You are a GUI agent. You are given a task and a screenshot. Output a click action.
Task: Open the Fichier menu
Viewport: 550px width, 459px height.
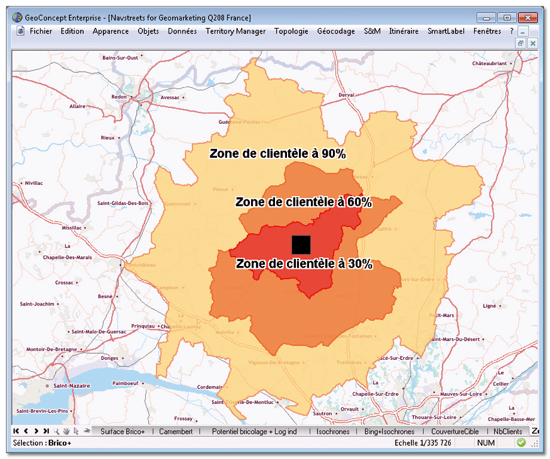(x=41, y=31)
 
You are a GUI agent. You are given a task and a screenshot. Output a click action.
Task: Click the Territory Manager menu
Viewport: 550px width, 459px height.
(x=236, y=31)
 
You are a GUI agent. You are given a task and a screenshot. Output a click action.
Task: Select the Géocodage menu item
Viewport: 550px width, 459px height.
(x=336, y=31)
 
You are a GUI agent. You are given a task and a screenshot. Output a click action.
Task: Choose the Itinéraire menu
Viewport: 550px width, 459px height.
(x=404, y=31)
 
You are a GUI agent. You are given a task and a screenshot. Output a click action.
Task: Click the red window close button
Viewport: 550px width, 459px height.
(x=527, y=17)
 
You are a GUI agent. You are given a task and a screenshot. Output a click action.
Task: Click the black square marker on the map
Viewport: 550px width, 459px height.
(x=301, y=244)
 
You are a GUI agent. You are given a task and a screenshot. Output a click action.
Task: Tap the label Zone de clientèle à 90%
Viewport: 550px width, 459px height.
(x=277, y=154)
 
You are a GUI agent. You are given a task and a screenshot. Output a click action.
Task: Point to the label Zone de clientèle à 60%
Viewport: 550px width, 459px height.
(x=304, y=203)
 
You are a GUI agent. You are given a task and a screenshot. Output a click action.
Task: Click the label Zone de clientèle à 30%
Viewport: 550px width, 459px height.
(x=304, y=264)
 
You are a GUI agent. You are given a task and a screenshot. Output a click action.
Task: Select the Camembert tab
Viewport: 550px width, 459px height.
(x=176, y=432)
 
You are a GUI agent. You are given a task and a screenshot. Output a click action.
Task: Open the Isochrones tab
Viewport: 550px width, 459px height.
(x=333, y=432)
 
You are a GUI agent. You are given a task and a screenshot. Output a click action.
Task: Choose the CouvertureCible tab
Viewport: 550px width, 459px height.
(x=455, y=432)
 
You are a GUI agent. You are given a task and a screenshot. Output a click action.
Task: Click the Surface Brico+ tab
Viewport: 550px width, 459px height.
(x=123, y=432)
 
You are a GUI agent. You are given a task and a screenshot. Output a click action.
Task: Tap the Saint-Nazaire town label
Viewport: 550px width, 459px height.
(x=71, y=386)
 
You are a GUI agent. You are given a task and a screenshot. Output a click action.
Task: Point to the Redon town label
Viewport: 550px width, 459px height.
(x=119, y=97)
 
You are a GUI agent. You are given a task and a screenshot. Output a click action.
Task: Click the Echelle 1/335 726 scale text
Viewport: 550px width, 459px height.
(x=423, y=443)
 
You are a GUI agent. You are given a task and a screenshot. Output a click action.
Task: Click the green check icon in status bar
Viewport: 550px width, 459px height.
(x=521, y=443)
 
